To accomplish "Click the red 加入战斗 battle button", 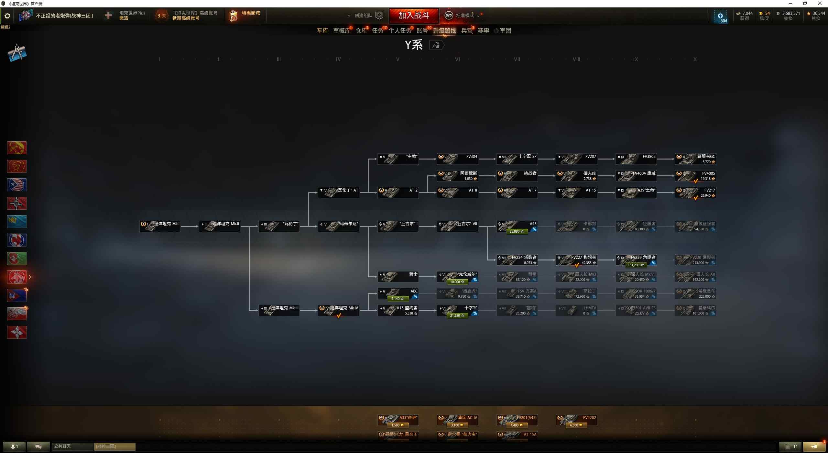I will pos(414,15).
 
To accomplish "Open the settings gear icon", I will pos(7,16).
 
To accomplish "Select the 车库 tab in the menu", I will pos(322,31).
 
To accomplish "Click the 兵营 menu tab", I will pos(466,31).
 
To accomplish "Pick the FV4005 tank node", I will pos(695,176).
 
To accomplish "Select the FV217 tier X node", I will pos(695,193).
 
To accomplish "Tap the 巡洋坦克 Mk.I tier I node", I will pos(160,226).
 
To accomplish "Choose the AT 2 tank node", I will pos(398,193).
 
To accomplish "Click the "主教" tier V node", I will pos(398,159).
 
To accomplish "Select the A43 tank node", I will pos(517,226).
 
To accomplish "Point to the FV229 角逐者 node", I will pos(636,260).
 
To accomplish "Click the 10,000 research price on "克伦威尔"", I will pos(457,282).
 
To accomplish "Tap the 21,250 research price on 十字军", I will pos(457,315).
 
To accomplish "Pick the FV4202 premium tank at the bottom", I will pos(576,420).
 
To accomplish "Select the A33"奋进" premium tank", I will pos(398,420).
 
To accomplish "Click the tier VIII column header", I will pos(576,59).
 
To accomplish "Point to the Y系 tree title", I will pos(414,45).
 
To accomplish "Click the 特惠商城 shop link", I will pos(251,13).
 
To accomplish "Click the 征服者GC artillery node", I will pos(695,159).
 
